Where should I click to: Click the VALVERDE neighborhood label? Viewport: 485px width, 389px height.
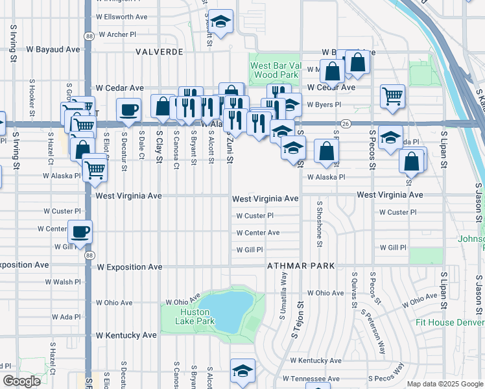click(x=161, y=51)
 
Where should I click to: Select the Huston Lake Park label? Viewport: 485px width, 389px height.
click(x=197, y=316)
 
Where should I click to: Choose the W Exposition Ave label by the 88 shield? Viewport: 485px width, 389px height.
click(x=129, y=266)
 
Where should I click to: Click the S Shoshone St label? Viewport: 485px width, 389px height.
click(x=320, y=224)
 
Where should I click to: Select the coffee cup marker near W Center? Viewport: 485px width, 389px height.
click(x=80, y=232)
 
